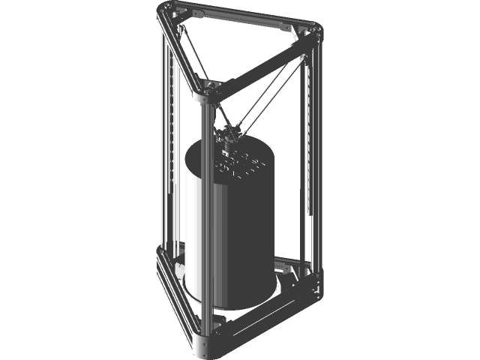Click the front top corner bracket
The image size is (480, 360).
pos(205,91)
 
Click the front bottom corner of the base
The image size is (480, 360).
pos(205,344)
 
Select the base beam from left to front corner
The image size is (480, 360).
pos(180,300)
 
